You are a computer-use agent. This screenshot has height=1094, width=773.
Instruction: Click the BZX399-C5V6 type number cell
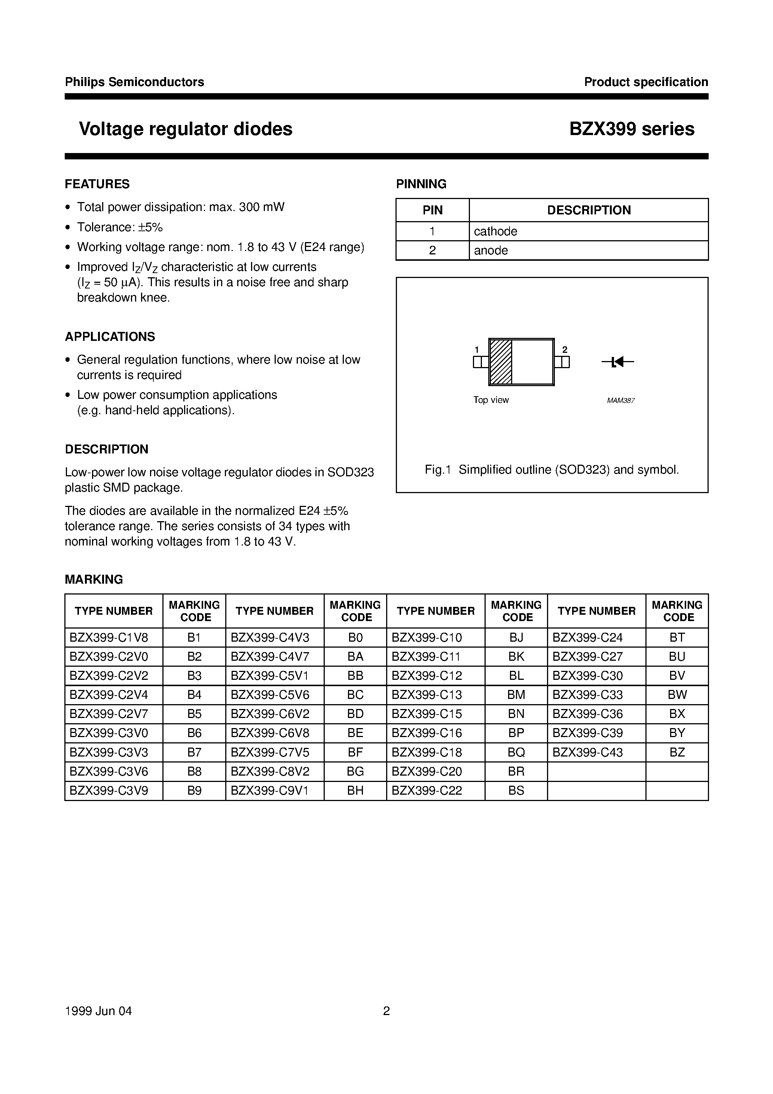click(x=270, y=695)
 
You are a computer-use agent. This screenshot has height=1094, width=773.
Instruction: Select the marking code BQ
click(x=516, y=752)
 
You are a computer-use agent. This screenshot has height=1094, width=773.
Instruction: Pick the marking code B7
click(x=195, y=752)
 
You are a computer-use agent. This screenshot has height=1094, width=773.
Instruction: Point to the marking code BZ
click(x=677, y=752)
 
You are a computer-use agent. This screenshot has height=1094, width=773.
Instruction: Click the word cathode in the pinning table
click(x=495, y=231)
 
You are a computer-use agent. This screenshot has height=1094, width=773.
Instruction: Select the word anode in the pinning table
click(x=491, y=250)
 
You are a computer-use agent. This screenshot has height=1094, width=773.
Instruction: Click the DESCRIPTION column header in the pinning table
click(x=589, y=210)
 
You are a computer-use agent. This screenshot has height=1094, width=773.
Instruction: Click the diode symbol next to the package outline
click(x=618, y=362)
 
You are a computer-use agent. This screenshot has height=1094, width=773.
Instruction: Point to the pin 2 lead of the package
click(x=562, y=362)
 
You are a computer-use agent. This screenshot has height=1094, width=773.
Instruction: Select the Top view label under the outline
click(x=491, y=400)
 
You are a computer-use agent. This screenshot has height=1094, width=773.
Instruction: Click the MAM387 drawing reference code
click(x=620, y=401)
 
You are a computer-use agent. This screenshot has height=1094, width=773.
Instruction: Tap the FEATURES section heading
click(x=97, y=184)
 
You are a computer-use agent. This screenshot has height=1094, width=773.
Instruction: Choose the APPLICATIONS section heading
click(x=110, y=336)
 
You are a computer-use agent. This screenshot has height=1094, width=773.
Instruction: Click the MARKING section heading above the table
click(x=94, y=580)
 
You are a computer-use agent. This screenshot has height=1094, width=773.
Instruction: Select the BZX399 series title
click(x=632, y=129)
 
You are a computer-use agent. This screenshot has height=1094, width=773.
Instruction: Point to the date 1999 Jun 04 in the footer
click(x=98, y=1011)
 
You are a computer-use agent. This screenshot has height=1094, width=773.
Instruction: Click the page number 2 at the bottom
click(x=386, y=1011)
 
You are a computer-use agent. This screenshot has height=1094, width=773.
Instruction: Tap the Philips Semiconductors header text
click(x=134, y=82)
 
